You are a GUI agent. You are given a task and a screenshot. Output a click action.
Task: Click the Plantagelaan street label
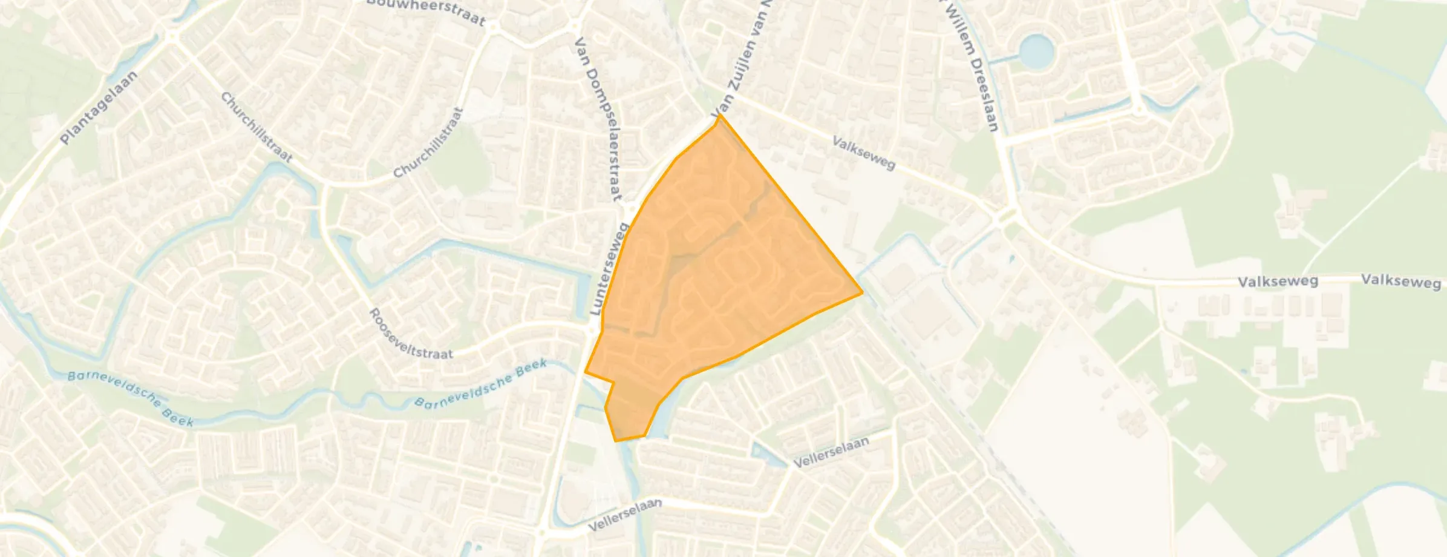coord(99,108)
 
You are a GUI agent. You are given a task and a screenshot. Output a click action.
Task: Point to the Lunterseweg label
coord(610,270)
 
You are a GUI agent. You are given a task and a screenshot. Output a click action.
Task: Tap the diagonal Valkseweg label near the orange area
coord(863,153)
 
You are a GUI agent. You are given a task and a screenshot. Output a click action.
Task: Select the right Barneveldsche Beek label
coord(482,384)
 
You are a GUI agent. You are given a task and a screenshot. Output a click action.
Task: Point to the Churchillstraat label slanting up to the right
coord(428,143)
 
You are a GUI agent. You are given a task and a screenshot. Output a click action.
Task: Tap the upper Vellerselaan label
coord(831,452)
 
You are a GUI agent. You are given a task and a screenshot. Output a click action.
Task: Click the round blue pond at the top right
coord(1035,50)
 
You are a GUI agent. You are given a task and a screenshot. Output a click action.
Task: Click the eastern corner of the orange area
coord(862,293)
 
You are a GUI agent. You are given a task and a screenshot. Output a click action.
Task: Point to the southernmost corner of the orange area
coord(616,441)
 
